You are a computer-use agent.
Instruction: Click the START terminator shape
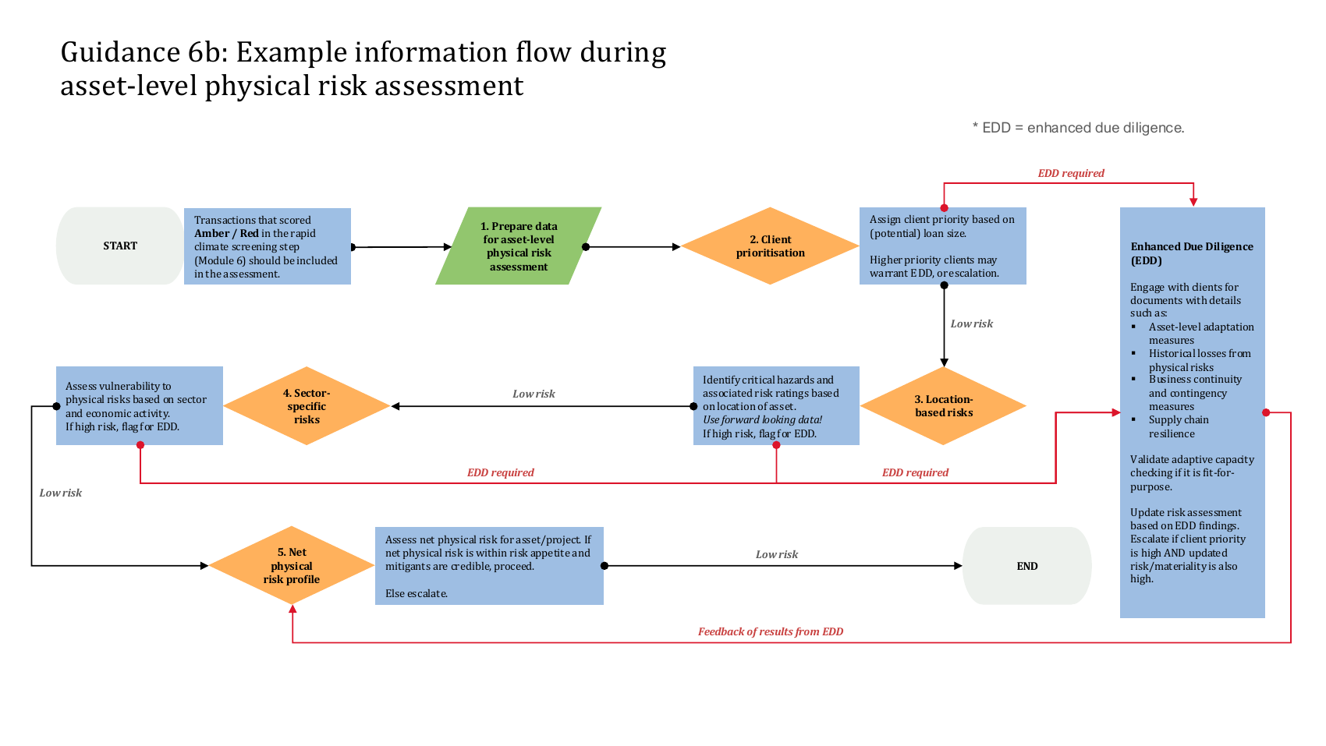point(120,246)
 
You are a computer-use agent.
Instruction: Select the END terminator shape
point(1027,566)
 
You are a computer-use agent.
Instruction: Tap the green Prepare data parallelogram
point(519,246)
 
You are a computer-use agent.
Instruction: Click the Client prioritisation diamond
point(770,246)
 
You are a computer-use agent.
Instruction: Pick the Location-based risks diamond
point(944,406)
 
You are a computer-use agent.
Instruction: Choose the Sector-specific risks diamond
point(307,406)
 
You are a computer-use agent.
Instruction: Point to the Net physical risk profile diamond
point(292,566)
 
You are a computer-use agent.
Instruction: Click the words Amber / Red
point(226,233)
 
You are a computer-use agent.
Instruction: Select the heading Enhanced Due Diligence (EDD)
point(1192,253)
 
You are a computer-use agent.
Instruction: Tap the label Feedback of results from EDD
point(770,631)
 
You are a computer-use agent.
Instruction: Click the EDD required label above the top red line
point(1071,173)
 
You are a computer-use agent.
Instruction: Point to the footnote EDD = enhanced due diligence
point(1078,128)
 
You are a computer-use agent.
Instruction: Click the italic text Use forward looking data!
point(762,420)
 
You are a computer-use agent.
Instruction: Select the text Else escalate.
point(417,593)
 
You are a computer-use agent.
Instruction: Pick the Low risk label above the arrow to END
point(777,554)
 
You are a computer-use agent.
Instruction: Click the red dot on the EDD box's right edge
point(1266,412)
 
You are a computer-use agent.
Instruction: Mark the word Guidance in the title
point(120,52)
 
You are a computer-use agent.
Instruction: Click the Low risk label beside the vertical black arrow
point(971,324)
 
